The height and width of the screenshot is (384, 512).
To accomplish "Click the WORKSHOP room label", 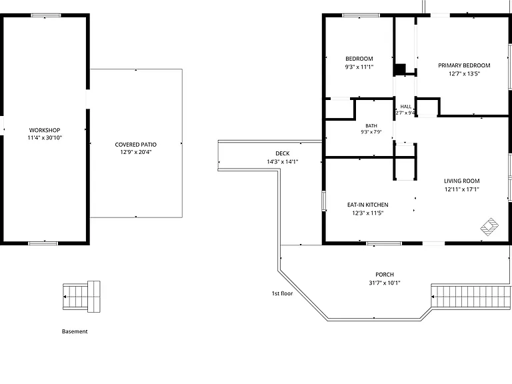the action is pos(45,130).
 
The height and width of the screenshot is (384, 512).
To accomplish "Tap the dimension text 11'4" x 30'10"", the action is pos(45,138).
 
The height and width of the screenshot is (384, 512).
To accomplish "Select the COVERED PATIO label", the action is pos(136,144).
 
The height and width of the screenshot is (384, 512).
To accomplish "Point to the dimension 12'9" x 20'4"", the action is pos(136,152).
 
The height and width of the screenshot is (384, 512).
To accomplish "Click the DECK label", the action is pos(283,153).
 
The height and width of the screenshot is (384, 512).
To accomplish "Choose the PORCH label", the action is pos(385,275).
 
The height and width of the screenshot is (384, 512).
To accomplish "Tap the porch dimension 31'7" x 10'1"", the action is pos(385,283).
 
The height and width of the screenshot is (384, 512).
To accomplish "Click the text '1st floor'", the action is pos(282,293).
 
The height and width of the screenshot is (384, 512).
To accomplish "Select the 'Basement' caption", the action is pos(75,331).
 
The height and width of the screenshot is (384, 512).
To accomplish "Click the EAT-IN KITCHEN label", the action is pos(368,205).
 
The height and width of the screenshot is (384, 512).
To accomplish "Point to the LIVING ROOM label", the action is pos(462,181).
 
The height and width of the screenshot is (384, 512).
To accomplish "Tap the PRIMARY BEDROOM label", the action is pos(464,65).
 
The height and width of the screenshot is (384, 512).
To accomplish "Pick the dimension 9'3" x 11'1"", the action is pos(359,67).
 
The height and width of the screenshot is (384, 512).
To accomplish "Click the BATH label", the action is pos(371,126).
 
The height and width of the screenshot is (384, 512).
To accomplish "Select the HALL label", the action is pos(406,107).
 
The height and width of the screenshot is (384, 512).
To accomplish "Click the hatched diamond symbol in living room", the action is pos(489,227).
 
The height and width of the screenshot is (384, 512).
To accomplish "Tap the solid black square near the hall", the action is pos(399,69).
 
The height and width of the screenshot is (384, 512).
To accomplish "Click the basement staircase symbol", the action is pos(81,297).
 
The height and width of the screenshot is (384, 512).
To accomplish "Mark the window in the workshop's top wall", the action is pos(46,15).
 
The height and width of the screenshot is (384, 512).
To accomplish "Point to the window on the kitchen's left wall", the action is pos(324,201).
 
